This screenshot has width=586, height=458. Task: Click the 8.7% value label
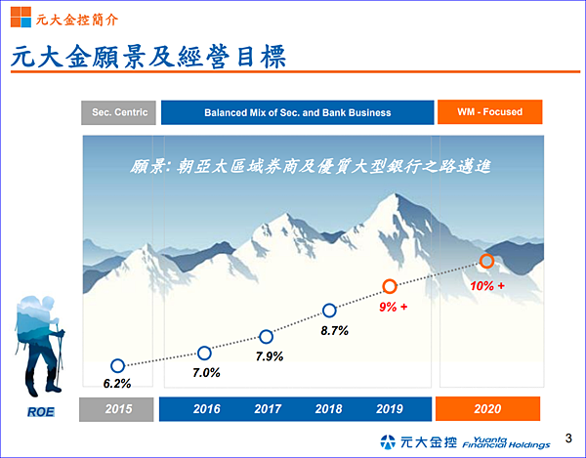coord(334,331)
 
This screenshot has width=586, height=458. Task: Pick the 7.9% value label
coord(270,356)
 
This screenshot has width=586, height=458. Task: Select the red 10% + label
coord(487,286)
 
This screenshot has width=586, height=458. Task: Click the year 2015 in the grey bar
coord(118,409)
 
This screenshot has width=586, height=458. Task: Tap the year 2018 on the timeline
coord(328,409)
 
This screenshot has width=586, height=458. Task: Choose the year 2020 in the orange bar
coord(487,409)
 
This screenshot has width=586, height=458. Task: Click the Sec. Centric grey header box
coord(118,112)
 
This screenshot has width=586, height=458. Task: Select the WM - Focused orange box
coord(489,111)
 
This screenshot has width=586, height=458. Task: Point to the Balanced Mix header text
coord(298,112)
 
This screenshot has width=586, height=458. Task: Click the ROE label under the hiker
coord(41,412)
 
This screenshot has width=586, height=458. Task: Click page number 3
coord(568,437)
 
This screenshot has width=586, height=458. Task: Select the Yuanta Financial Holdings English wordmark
coord(506,442)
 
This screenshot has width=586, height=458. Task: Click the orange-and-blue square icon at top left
coord(21,17)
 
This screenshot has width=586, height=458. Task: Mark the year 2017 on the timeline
coord(268,409)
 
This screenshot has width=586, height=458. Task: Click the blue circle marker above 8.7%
coord(329,311)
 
